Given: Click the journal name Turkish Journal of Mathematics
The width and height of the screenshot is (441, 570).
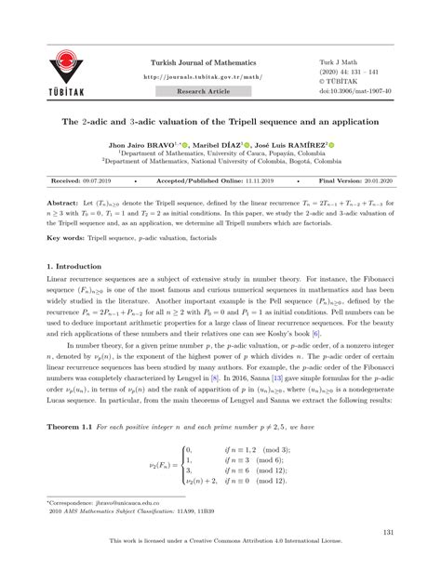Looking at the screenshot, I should click(x=203, y=62).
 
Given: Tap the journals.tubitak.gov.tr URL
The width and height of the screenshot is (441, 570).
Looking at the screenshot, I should click(x=203, y=78).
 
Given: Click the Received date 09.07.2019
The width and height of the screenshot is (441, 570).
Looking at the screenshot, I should click(x=100, y=181).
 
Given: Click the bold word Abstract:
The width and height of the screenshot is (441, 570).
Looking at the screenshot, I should click(x=64, y=202).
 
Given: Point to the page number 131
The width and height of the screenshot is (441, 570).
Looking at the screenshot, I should click(x=388, y=532).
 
